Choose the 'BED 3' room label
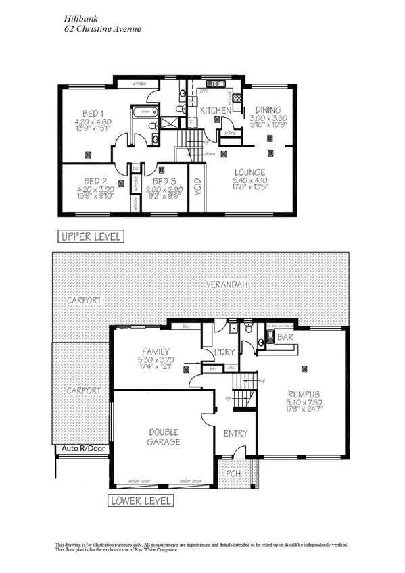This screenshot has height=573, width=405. click(x=164, y=182)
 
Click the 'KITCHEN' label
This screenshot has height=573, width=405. click(x=216, y=109)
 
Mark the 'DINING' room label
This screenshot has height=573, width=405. click(x=268, y=109)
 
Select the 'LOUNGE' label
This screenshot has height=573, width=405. click(x=249, y=172)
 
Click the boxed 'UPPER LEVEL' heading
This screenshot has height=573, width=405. click(x=91, y=236)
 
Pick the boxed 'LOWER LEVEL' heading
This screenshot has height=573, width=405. click(x=141, y=501)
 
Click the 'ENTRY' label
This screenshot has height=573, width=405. click(x=235, y=433)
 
